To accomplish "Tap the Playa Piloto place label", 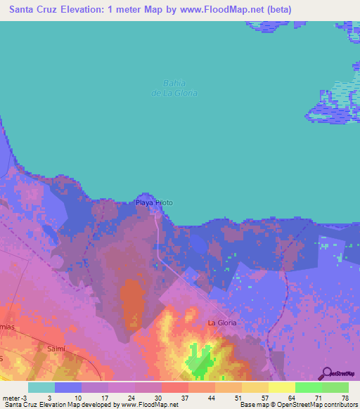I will (154, 202).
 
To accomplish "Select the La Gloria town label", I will (221, 323).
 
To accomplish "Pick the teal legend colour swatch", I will (41, 387).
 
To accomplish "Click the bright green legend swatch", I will (308, 387).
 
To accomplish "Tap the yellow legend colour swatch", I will (281, 387).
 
